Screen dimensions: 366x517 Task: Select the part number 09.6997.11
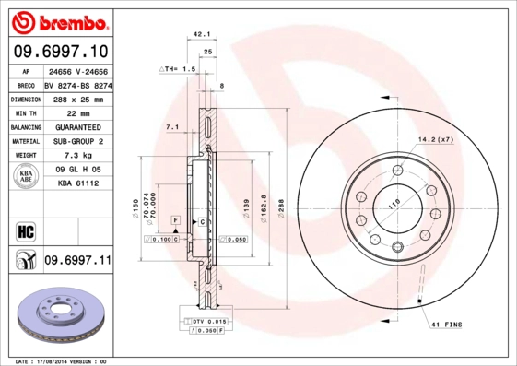coord(77,262)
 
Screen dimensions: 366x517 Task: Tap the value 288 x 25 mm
coord(77,99)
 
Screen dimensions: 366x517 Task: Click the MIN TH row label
coord(26,112)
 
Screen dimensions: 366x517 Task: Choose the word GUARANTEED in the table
coord(77,126)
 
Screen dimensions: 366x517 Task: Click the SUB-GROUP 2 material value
coord(77,141)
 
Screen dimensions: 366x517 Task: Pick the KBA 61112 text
coord(77,183)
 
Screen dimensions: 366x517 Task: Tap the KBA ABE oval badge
coord(26,176)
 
